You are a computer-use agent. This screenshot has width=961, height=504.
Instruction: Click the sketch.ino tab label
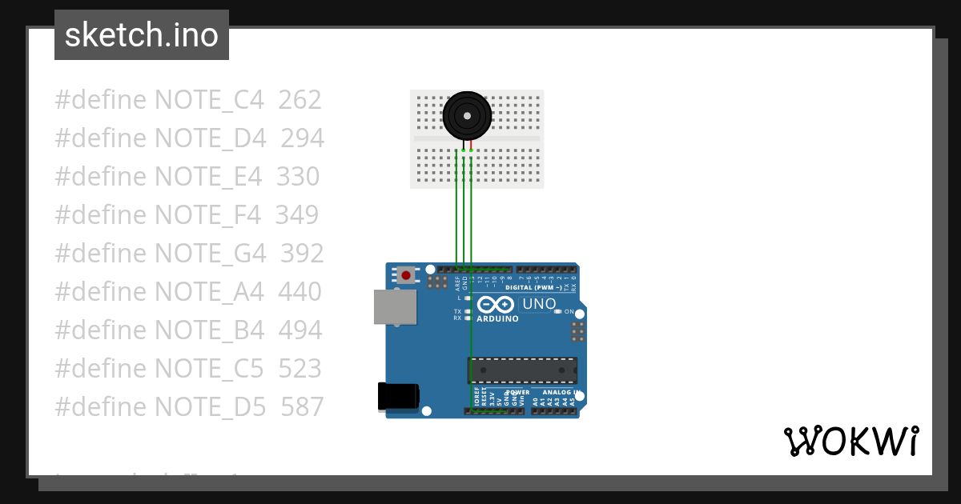click(x=142, y=35)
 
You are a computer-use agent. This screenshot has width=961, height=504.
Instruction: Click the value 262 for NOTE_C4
click(x=300, y=100)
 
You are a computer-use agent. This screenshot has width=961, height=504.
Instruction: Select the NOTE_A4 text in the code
click(x=209, y=292)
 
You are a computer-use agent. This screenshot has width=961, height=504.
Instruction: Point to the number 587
click(x=302, y=407)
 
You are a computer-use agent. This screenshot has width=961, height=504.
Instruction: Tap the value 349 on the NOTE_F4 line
click(x=297, y=215)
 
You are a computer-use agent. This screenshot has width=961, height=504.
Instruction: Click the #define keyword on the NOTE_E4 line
click(x=101, y=177)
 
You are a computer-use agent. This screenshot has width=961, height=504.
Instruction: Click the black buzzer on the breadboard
click(x=467, y=115)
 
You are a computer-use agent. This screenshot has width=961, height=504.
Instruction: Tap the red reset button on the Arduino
click(x=406, y=275)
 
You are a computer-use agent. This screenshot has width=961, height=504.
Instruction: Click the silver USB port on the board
click(x=395, y=307)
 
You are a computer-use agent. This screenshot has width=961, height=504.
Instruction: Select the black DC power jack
click(x=397, y=397)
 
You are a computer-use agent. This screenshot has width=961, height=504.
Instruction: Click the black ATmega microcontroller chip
click(x=522, y=370)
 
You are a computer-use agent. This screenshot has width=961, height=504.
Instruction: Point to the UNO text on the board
click(x=539, y=304)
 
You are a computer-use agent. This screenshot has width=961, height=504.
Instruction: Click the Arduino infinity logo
click(x=496, y=305)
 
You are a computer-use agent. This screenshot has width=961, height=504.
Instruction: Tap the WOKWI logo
click(x=850, y=442)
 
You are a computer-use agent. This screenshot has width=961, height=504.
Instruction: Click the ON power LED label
click(x=569, y=311)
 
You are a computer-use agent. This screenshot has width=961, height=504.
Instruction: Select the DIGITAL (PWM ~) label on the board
click(x=535, y=287)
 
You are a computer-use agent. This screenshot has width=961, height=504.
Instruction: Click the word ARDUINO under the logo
click(x=497, y=318)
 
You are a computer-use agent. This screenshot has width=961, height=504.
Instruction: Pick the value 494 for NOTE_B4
click(x=300, y=330)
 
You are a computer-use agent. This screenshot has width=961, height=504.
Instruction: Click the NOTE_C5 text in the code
click(x=209, y=369)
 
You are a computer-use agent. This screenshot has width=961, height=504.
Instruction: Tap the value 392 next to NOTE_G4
click(x=302, y=254)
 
